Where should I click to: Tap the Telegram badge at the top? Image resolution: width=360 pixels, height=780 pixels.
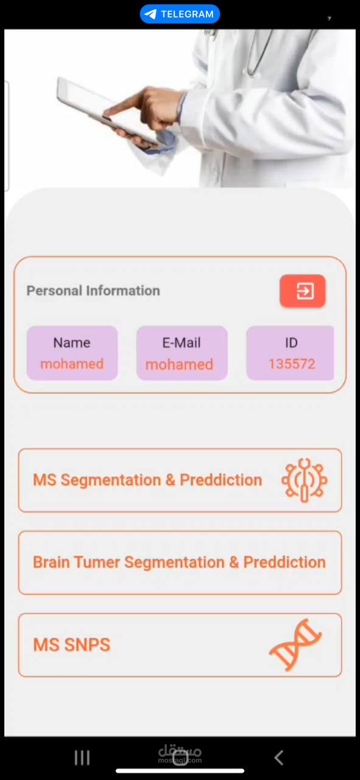tap(180, 14)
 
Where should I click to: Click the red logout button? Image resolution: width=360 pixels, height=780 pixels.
tap(303, 291)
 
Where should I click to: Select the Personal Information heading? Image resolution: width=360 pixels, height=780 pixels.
tap(93, 291)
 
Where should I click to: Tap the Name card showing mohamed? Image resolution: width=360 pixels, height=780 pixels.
tap(72, 353)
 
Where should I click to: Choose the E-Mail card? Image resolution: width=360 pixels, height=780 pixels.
tap(182, 353)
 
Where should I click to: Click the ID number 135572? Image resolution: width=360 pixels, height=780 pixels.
tap(292, 364)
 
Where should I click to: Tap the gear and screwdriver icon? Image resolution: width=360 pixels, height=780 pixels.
tap(305, 480)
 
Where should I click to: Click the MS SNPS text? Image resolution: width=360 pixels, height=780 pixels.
tap(72, 645)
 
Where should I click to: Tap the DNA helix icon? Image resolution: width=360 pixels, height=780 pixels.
tap(295, 645)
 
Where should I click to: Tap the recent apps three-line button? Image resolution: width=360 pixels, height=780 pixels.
tap(82, 757)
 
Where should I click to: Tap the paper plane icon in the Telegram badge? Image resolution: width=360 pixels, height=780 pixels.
tap(150, 14)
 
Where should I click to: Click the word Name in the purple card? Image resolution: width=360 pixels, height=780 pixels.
tap(72, 342)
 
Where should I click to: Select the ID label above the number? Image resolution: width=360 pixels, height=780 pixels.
tap(291, 342)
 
